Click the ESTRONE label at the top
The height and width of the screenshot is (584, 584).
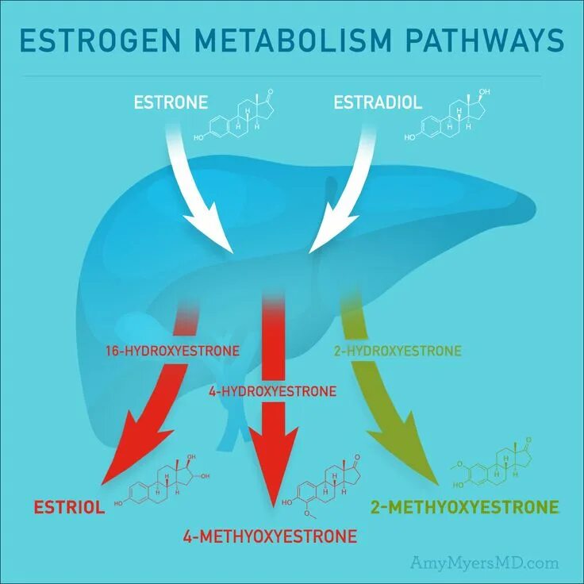tap(171, 102)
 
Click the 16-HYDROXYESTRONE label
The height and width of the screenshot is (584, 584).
tap(171, 350)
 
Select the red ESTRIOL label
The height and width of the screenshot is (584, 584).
tap(69, 507)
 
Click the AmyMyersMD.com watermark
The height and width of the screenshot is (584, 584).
tap(484, 563)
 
